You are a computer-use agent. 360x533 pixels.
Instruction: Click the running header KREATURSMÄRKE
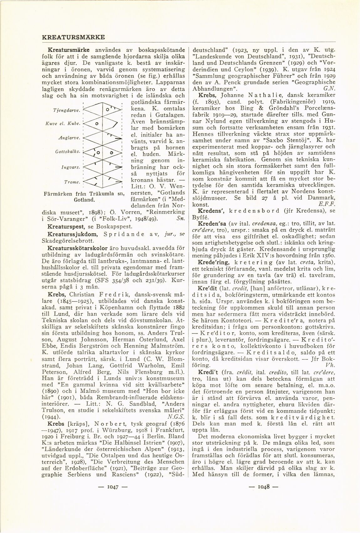coord(73,37)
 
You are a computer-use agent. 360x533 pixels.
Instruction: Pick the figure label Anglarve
coord(69,138)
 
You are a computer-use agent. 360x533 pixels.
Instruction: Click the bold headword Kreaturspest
coord(65,226)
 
